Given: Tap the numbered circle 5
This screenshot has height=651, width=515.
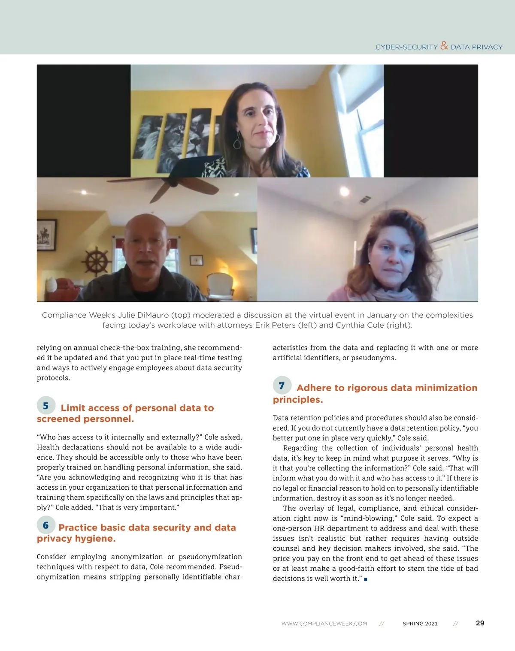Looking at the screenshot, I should pos(46,406).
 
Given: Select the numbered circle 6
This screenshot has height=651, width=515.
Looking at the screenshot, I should pos(46,525).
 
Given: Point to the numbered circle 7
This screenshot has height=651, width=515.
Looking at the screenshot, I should pos(282,386).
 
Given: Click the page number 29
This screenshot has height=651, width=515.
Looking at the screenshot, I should pos(480,623).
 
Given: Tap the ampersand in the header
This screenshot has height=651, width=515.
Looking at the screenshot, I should pos(444,45).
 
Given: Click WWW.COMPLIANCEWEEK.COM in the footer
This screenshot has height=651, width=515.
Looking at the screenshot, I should pos(324,624).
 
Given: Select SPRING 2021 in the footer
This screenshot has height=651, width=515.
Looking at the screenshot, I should pos(420,624).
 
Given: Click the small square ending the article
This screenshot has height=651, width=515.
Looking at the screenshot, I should pos(366,579).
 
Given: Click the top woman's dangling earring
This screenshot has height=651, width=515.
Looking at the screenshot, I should pos(237,142).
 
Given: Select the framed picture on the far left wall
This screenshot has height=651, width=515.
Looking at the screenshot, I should pos(46,235).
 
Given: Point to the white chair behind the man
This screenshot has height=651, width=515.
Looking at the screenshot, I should pos(220,285).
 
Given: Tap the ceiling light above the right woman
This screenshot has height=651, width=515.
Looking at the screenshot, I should pos(344,191).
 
